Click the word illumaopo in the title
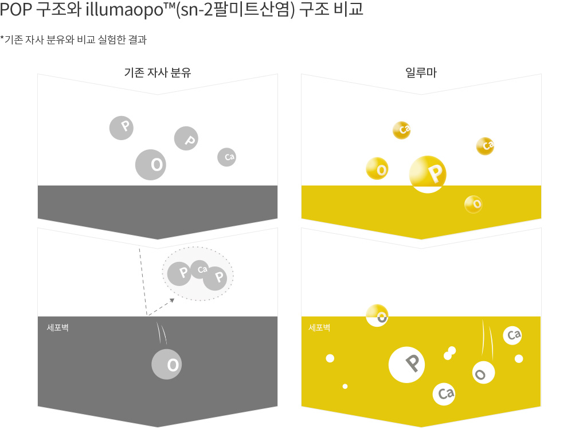click(x=124, y=9)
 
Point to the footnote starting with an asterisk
click(x=73, y=39)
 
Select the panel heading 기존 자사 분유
click(x=157, y=72)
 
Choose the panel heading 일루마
click(x=421, y=72)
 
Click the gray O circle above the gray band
click(x=151, y=165)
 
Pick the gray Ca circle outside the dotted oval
click(x=226, y=157)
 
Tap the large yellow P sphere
click(x=428, y=174)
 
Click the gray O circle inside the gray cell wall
click(x=167, y=364)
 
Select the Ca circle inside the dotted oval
click(x=201, y=269)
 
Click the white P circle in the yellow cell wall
click(x=406, y=365)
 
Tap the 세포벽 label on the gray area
click(x=57, y=328)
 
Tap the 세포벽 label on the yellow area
click(x=319, y=328)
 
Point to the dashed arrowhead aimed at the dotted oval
click(x=172, y=301)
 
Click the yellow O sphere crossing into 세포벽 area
click(x=377, y=315)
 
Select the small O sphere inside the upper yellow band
click(x=474, y=204)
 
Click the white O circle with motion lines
click(x=483, y=372)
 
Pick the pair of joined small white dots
click(x=450, y=353)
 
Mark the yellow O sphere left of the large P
click(x=377, y=168)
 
